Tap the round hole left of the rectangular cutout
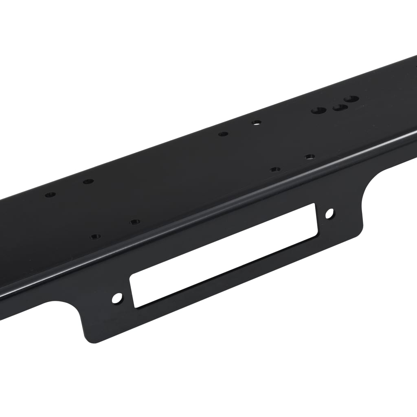[x=117, y=298]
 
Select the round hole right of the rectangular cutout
[x=329, y=213]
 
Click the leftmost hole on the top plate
[x=50, y=195]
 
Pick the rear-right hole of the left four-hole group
[x=88, y=181]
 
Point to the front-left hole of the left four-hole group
[x=95, y=237]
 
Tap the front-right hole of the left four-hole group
[x=135, y=222]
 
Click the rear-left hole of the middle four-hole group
[x=223, y=134]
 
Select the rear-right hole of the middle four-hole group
[x=256, y=122]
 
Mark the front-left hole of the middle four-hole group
[x=275, y=169]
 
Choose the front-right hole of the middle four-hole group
[x=310, y=156]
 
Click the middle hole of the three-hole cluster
[x=340, y=108]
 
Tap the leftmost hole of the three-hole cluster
[x=319, y=110]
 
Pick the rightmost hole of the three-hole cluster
[x=351, y=99]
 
